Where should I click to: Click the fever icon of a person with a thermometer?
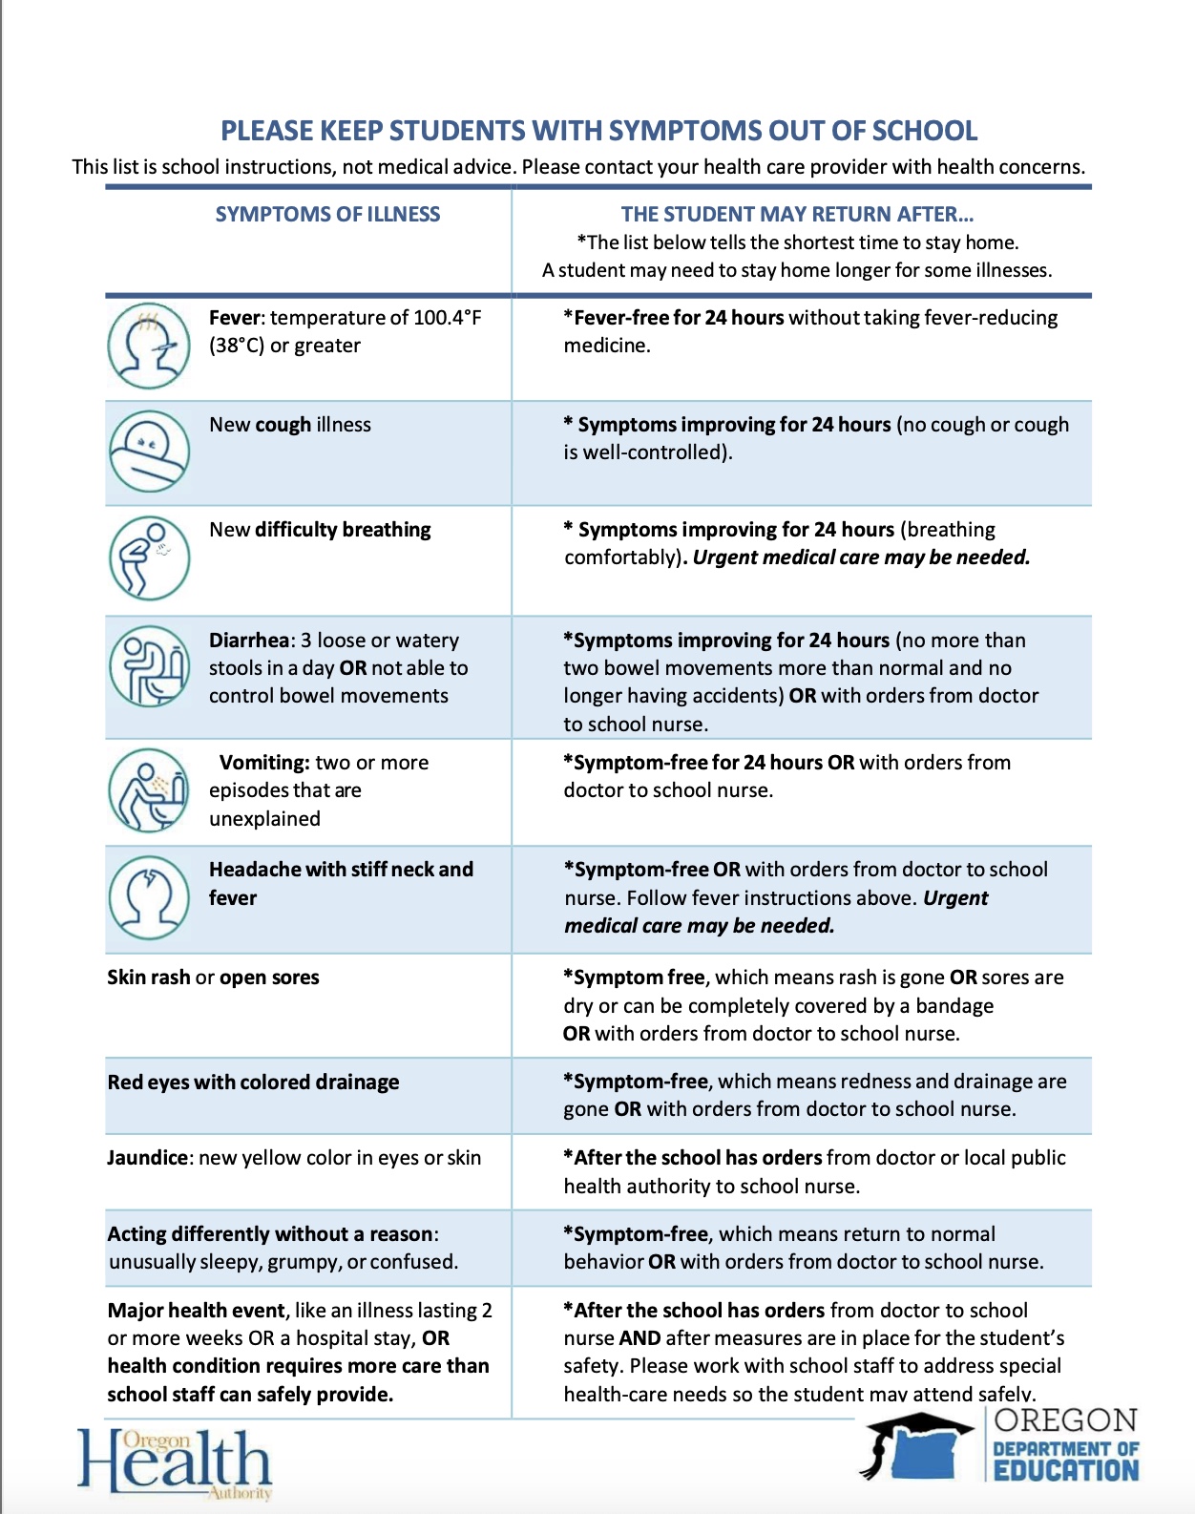pos(149,346)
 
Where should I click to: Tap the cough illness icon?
pos(149,451)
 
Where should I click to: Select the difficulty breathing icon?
pos(149,557)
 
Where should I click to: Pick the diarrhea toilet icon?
pos(149,666)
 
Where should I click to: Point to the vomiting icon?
pos(149,790)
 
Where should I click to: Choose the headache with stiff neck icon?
pos(149,897)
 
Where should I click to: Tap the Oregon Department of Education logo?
pos(1002,1446)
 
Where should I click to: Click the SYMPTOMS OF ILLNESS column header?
pos(327,215)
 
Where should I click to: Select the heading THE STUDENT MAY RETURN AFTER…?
pos(797,215)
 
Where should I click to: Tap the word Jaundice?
pos(148,1158)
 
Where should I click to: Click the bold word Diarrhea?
pos(249,641)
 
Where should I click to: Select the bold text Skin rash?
pos(148,978)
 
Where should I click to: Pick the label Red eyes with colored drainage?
pos(253,1083)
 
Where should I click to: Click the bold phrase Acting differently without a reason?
pos(271,1234)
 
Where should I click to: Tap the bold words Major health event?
pos(197,1311)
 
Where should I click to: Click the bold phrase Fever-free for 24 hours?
pos(679,318)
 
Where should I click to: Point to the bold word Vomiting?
pos(263,763)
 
